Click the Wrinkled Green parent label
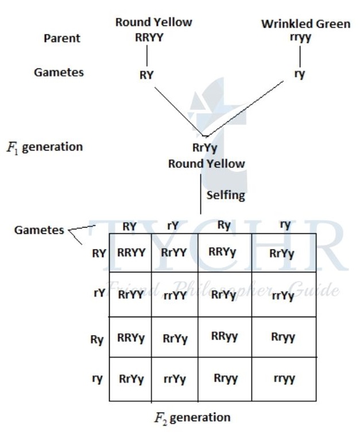pos(305,24)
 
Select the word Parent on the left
pos(62,39)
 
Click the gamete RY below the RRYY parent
pos(147,75)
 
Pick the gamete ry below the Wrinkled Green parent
pos(299,74)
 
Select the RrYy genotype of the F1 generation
pos(206,148)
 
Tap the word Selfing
pos(226,195)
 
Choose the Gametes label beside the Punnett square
pos(39,230)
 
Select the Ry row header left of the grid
pos(96,340)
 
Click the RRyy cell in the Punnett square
pos(224,337)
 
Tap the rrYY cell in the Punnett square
pos(175,296)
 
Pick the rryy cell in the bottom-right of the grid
pos(284,379)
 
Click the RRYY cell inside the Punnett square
pos(131,252)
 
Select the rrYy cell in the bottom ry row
pos(175,379)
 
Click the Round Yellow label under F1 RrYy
pos(206,164)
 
